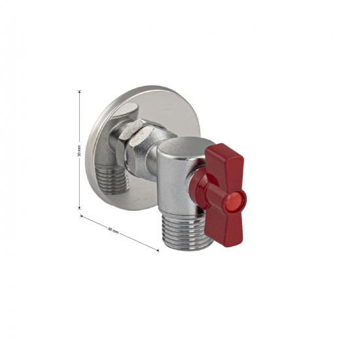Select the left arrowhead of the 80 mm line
82,214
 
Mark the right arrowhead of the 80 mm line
157,249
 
